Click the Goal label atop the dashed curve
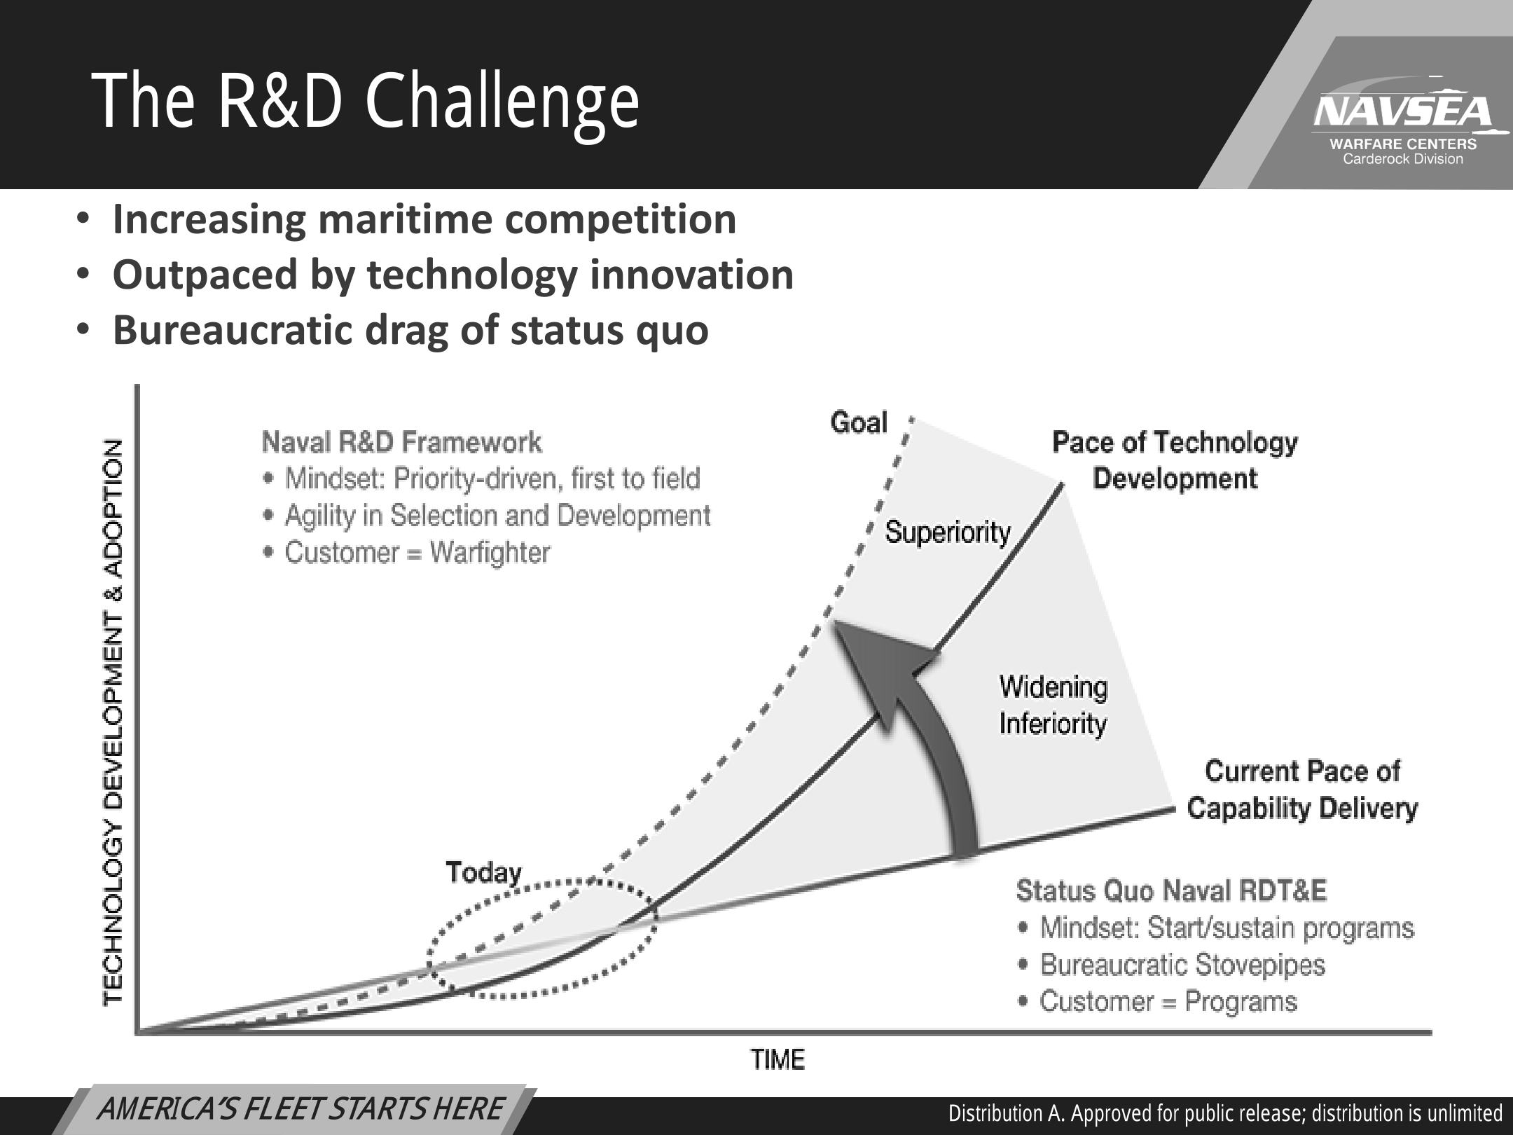click(859, 422)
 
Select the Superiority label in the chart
click(948, 532)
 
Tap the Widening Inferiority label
click(1053, 705)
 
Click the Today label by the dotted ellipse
click(484, 873)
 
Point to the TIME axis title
click(778, 1059)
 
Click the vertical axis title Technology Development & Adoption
click(113, 722)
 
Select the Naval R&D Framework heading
click(401, 442)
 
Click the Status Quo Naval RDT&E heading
click(1171, 890)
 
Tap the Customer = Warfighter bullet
click(408, 553)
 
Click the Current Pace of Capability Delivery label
click(1302, 790)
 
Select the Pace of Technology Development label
click(1175, 460)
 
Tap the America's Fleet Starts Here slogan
click(300, 1110)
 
